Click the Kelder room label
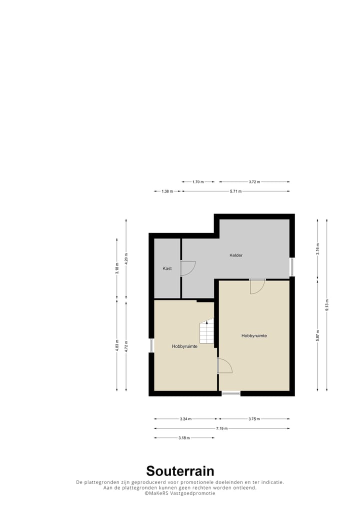coord(236,255)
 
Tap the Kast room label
coord(167,268)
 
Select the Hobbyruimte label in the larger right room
coord(254,335)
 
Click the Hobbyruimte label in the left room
coord(185,346)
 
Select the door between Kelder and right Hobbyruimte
coord(257,286)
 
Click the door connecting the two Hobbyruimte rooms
coord(224,366)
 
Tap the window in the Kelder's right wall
coord(292,266)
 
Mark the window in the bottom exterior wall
coord(231,394)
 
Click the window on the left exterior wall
coord(151,345)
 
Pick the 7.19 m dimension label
coord(221,428)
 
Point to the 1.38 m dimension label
coord(167,191)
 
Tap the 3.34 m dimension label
coord(185,419)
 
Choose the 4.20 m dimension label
coord(126,257)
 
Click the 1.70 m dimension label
coord(198,182)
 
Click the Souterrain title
coord(180,471)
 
